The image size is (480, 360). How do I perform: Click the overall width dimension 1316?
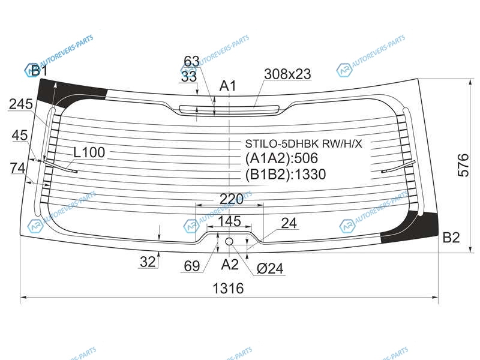pyautogui.click(x=228, y=289)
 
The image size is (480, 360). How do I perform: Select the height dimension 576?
pyautogui.click(x=463, y=166)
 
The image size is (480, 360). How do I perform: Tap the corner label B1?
pyautogui.click(x=39, y=71)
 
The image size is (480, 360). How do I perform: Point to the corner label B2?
pyautogui.click(x=451, y=237)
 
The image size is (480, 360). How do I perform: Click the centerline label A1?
pyautogui.click(x=228, y=86)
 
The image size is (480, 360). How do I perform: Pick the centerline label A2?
pyautogui.click(x=230, y=265)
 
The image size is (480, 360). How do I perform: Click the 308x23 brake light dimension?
pyautogui.click(x=287, y=74)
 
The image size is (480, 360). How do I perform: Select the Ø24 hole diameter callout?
pyautogui.click(x=270, y=269)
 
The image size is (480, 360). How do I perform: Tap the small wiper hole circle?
pyautogui.click(x=229, y=242)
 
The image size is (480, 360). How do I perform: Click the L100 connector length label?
pyautogui.click(x=89, y=152)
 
